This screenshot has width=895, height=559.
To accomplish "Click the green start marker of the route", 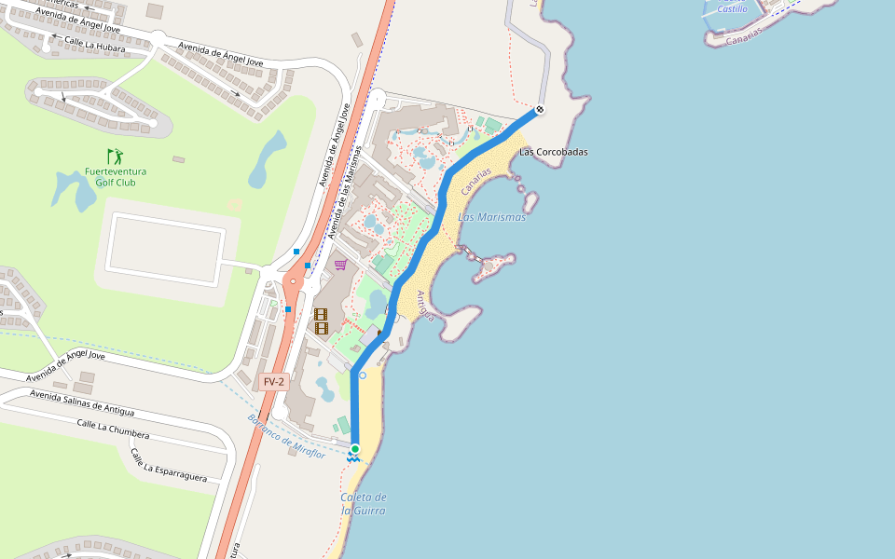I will tap(355, 449).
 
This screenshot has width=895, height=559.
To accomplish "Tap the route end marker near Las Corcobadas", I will tap(539, 110).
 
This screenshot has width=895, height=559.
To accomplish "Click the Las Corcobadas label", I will tap(554, 152).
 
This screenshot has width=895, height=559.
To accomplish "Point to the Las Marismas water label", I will tap(491, 217).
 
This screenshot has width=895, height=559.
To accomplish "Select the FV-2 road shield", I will tap(274, 381).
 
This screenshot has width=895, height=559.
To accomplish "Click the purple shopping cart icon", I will tap(340, 265).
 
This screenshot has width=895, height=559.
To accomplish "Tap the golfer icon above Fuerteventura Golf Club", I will tap(115, 156).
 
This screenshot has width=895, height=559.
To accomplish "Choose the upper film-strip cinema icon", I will tap(321, 315).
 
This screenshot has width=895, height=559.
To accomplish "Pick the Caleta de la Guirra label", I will tap(363, 504).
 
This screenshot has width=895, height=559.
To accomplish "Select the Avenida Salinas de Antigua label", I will tap(81, 403).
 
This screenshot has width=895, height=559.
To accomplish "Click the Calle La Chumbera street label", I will tap(113, 429).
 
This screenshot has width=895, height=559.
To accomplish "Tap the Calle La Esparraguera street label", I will tap(168, 465).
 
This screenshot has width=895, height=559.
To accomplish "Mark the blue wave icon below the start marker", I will tap(354, 458).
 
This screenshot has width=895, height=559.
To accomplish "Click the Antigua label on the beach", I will tap(425, 307).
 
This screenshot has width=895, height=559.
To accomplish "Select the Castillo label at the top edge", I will tap(732, 8).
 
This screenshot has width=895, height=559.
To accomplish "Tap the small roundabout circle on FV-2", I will tap(293, 280).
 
